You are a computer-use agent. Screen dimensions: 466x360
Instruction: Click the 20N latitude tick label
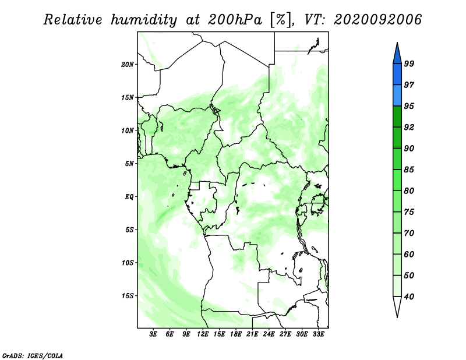(x=128, y=64)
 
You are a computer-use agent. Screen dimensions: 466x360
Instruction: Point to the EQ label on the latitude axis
(x=129, y=196)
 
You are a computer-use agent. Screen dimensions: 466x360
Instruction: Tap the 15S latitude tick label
(x=128, y=296)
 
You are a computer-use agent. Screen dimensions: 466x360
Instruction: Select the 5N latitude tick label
(x=129, y=164)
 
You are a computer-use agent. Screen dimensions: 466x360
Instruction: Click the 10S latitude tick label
(x=128, y=263)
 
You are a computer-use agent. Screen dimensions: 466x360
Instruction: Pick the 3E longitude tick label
(x=153, y=334)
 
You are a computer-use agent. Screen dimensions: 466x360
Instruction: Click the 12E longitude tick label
(x=203, y=334)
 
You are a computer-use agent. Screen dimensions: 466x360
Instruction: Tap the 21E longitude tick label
(x=252, y=334)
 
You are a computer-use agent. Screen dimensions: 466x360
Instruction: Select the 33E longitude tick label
(x=318, y=334)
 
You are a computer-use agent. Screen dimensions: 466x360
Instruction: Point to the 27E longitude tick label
(x=285, y=334)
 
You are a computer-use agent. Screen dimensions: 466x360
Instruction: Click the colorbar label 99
(x=409, y=63)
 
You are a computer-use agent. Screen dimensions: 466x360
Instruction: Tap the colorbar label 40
(x=409, y=297)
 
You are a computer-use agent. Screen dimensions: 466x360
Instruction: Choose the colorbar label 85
(x=409, y=170)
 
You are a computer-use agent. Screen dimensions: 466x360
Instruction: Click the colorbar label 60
(x=409, y=254)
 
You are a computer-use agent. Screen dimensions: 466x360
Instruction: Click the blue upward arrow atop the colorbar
(x=397, y=54)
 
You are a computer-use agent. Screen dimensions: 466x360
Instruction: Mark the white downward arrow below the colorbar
(x=397, y=306)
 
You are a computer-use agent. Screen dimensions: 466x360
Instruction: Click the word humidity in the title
(x=144, y=20)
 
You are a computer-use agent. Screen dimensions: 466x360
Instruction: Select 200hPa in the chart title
(x=235, y=20)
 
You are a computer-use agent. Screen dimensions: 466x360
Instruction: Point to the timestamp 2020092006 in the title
(x=377, y=20)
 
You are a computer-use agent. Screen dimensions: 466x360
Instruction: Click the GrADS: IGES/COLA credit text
(x=33, y=355)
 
